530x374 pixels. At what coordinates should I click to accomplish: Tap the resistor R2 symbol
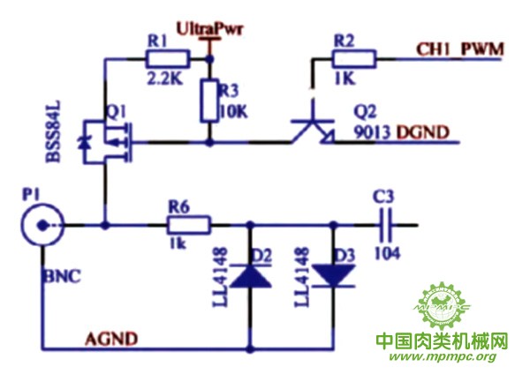353,59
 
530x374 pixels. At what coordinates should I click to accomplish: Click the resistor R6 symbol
188,225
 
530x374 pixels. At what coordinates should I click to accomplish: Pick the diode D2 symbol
252,275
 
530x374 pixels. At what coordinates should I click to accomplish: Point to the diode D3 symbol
333,275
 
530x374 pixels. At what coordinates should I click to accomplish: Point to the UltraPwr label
209,29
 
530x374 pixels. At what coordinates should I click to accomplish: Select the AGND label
109,337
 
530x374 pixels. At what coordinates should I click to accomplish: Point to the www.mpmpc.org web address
442,357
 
